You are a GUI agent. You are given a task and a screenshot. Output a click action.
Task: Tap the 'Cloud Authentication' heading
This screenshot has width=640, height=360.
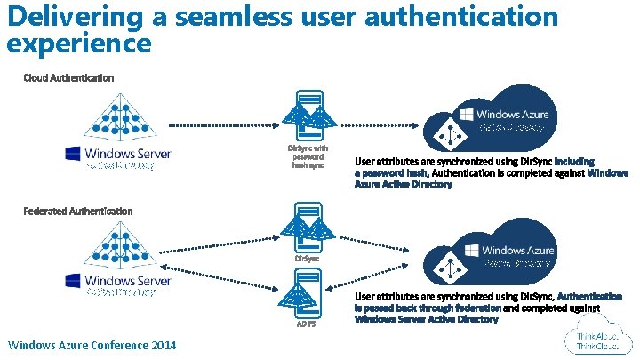click(68, 78)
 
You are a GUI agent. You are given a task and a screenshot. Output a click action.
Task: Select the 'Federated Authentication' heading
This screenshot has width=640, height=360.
click(78, 212)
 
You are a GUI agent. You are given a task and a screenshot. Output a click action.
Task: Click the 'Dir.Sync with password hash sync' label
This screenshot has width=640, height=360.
click(308, 156)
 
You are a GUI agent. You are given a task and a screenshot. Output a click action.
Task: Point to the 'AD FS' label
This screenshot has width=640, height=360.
click(307, 324)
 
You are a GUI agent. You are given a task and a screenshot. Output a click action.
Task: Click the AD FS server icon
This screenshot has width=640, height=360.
click(307, 293)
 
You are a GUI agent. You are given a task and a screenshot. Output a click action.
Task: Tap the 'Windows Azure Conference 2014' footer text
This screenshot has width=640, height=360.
click(92, 345)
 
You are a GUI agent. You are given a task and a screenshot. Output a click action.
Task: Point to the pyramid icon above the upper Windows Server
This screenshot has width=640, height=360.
click(117, 120)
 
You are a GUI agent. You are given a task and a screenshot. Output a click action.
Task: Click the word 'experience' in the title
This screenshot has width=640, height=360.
click(79, 42)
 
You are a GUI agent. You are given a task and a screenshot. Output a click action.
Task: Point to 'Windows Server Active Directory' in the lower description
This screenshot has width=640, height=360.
click(426, 318)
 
